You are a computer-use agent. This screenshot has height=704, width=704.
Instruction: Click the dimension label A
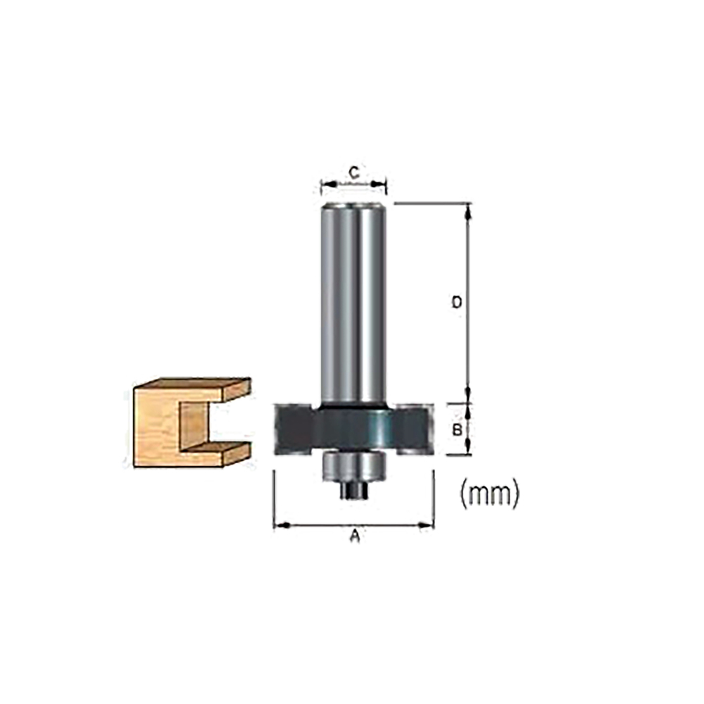coord(355,537)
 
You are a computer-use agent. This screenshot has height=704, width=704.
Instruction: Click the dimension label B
coord(457,429)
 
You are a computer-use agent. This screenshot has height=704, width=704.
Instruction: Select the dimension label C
coord(355,171)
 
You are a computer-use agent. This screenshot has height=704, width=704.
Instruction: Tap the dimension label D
coord(456,302)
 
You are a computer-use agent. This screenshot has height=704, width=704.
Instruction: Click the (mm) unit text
coord(489,495)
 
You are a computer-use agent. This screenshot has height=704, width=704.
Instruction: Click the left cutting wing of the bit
coord(293,427)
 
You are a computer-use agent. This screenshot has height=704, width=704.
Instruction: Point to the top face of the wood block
coord(190,384)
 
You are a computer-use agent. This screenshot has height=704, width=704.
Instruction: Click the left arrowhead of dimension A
coord(277,524)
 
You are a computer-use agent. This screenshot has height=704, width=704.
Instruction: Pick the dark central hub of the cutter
coord(353,428)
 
